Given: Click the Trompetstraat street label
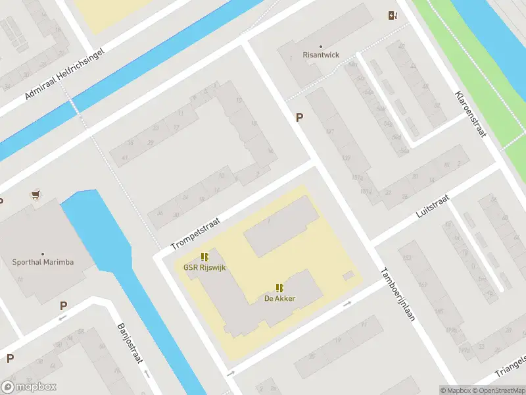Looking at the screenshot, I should coord(195,234).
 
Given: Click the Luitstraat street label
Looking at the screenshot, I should coord(433,206).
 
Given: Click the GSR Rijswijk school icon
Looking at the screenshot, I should coord(204,257).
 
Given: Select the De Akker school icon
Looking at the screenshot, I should coord(279,288).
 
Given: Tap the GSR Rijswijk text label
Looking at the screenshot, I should coord(204,268).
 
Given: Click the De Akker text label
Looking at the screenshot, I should coord(279,298).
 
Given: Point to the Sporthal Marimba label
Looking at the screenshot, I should coord(43,262).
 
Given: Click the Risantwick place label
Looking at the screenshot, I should coord(321,55).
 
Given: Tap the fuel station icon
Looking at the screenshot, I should coord(393,16).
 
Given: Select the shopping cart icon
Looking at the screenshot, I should coord(36,195).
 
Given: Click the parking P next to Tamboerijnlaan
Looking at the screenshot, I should coord(300,118).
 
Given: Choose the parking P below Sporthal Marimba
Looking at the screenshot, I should coord(63,305).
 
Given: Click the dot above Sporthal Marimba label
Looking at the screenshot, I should coord(43,253).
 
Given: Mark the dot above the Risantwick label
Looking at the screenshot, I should coord(321,47).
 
